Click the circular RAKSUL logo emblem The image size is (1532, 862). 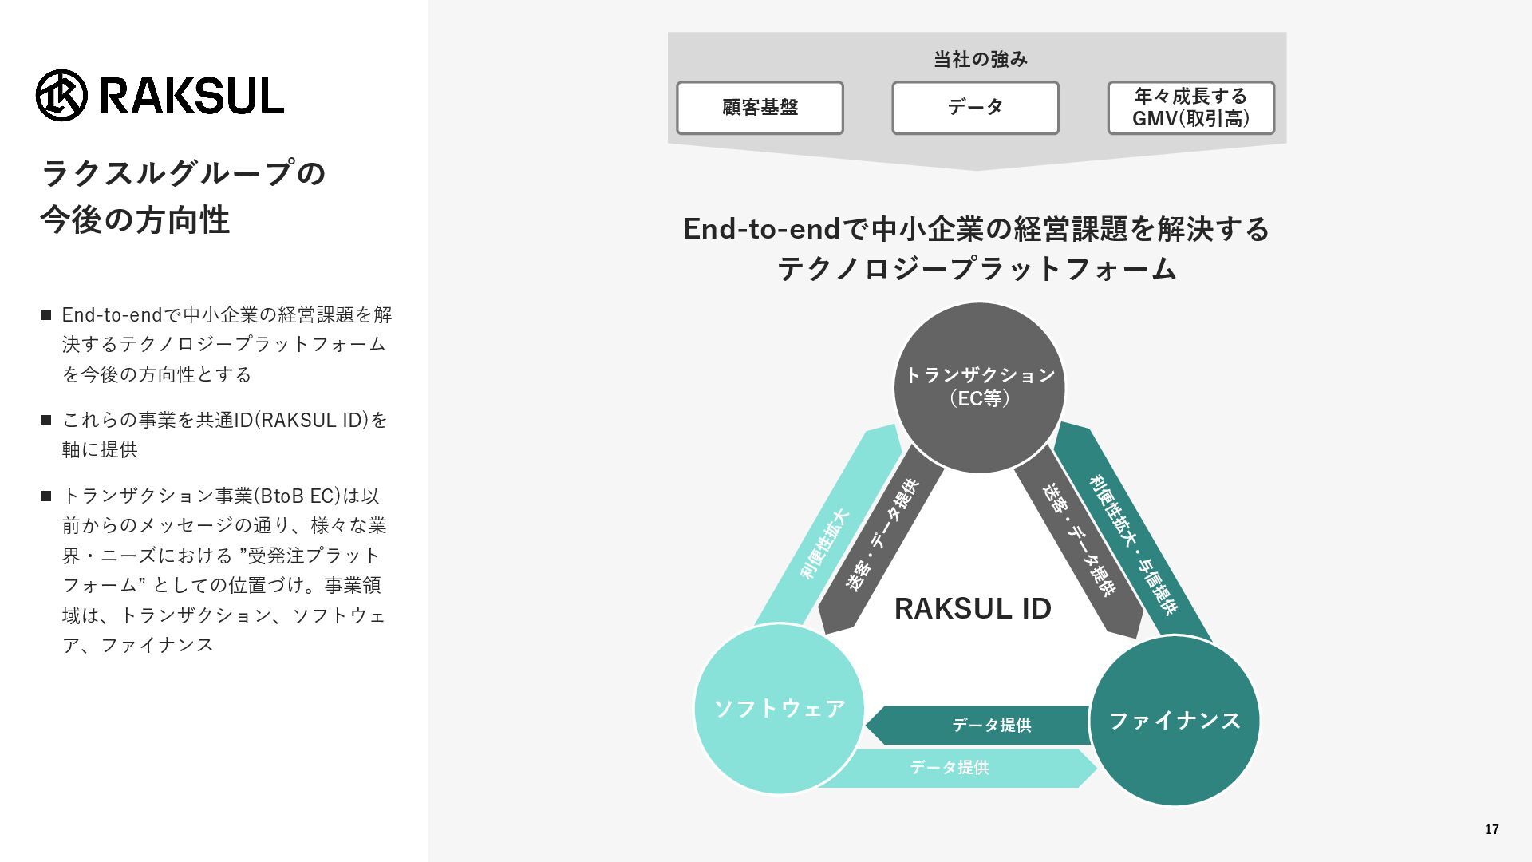point(61,95)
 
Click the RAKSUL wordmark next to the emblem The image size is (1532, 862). point(191,96)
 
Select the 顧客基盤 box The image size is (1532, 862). point(760,108)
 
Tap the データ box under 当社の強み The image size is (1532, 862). point(975,108)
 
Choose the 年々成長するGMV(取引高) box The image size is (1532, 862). point(1190,108)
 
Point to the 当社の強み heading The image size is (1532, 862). point(980,59)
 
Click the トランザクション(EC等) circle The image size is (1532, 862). point(979,388)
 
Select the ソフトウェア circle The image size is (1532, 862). point(780,709)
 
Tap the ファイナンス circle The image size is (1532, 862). point(1175,721)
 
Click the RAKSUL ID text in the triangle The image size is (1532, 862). point(973,609)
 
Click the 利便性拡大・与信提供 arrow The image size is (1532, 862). point(1133,535)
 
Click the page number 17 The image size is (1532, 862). point(1491,830)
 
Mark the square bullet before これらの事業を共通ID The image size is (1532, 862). point(46,420)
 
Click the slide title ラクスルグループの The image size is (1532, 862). point(184,173)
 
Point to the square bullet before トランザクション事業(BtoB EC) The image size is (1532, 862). point(46,496)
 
